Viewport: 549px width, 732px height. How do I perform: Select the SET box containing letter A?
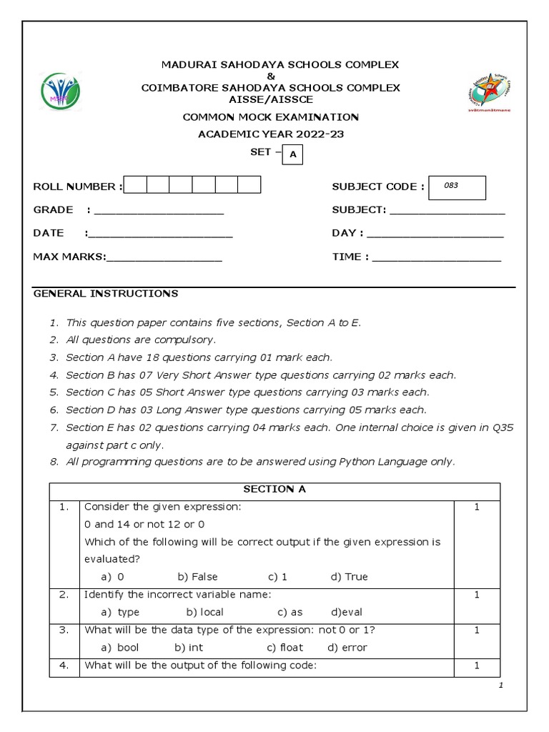pos(292,154)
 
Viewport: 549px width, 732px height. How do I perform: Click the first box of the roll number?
pos(135,186)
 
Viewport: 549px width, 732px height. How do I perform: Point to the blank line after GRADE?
pos(159,212)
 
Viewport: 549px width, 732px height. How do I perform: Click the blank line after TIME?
pos(437,259)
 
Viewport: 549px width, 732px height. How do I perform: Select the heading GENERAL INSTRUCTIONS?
pos(106,294)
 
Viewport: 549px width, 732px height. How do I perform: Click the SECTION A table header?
pos(274,490)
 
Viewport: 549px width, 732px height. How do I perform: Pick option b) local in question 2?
pos(205,612)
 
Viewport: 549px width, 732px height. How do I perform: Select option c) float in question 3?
pos(285,648)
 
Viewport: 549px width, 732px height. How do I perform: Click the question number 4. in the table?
pos(64,666)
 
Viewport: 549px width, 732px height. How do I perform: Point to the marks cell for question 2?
pos(477,595)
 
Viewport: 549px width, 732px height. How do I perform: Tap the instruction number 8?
pos(54,462)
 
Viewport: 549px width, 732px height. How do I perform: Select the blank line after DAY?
pos(435,234)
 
